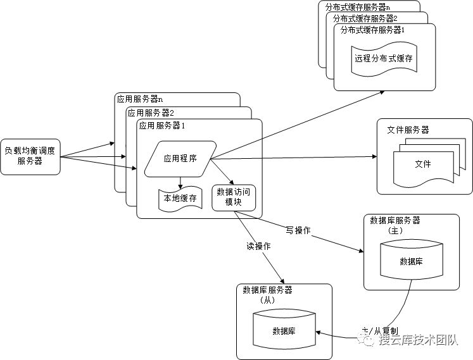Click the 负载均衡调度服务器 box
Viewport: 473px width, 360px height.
click(x=30, y=156)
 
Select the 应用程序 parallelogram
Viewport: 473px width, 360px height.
click(x=180, y=159)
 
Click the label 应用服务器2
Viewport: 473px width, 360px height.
click(x=151, y=113)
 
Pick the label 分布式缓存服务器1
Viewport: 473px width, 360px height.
click(x=372, y=30)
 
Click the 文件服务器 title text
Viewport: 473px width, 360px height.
click(x=408, y=130)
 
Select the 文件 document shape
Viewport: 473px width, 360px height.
click(x=422, y=164)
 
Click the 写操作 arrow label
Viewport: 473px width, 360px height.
click(x=298, y=230)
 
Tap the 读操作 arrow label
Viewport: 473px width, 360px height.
click(x=258, y=245)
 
